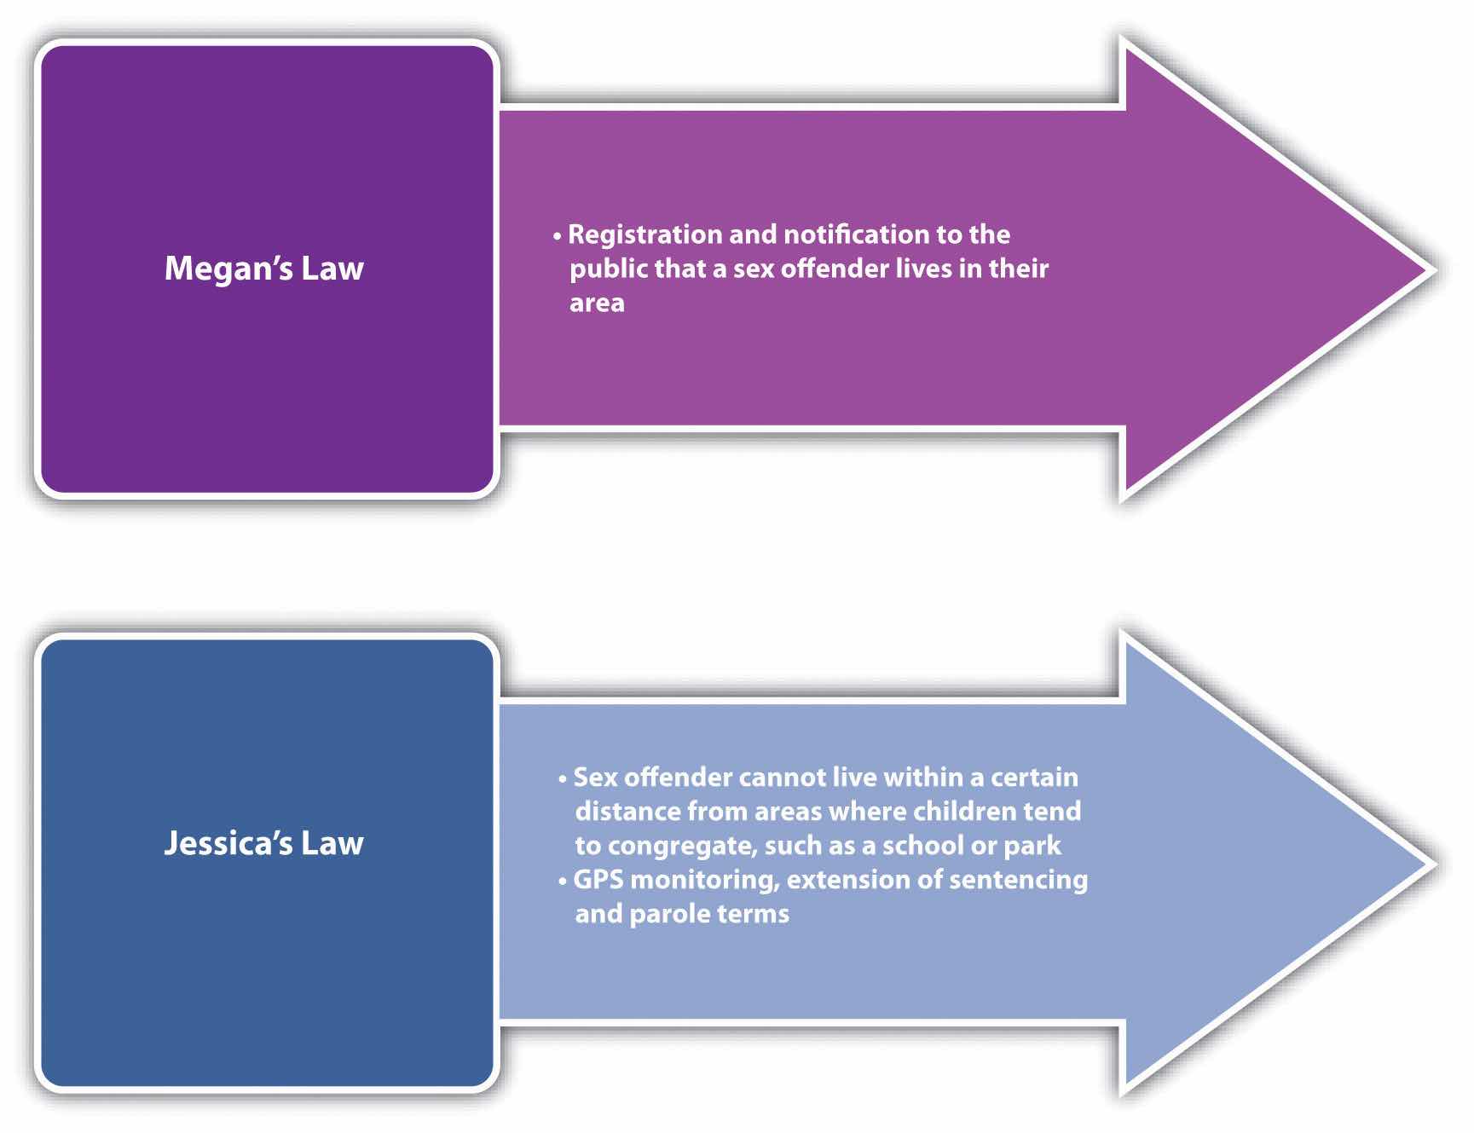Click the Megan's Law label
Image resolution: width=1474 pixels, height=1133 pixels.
point(263,269)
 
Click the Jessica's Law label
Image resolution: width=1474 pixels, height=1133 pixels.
point(263,843)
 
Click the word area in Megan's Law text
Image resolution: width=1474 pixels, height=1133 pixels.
point(597,303)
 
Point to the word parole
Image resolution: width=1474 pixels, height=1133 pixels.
point(664,914)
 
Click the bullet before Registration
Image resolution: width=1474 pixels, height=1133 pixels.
point(558,235)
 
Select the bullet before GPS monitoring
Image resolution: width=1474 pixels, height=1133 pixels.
point(563,880)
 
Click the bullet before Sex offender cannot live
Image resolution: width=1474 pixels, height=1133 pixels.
point(563,778)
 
